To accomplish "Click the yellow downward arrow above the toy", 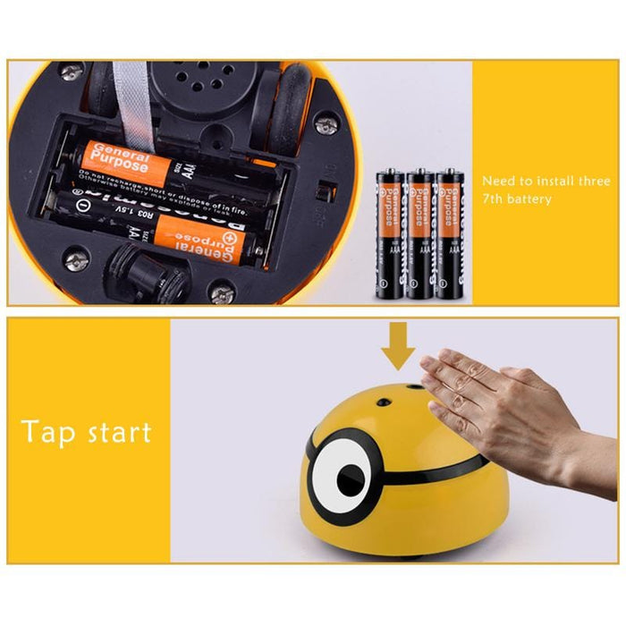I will click(x=399, y=350).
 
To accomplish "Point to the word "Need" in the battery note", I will click(x=498, y=181).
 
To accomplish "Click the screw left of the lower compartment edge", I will click(x=77, y=260).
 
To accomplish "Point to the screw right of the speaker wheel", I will click(x=326, y=125).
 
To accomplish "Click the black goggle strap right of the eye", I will click(x=465, y=465).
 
